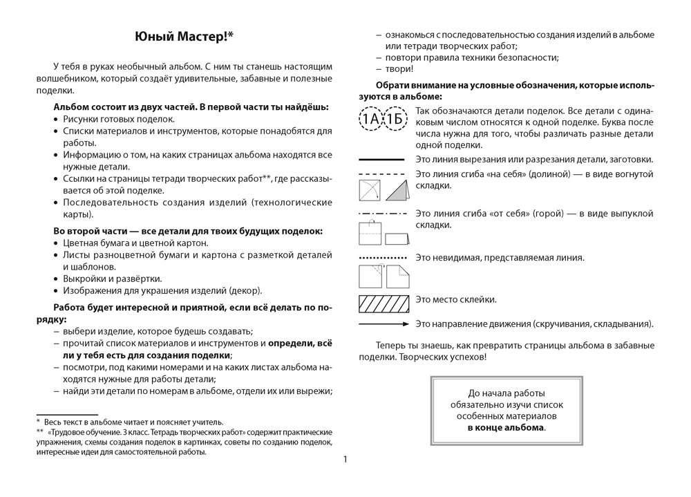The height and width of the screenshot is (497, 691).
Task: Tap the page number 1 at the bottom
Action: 345,459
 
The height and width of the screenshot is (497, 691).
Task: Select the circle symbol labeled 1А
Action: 372,120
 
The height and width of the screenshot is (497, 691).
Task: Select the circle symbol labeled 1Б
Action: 395,120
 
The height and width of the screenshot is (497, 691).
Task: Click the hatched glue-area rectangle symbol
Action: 381,303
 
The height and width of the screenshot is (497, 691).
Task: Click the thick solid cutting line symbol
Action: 381,160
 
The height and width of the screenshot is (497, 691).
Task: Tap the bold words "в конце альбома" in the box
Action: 505,428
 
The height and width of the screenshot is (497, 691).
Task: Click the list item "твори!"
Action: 400,69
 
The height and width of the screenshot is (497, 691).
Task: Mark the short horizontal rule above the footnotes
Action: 57,413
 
